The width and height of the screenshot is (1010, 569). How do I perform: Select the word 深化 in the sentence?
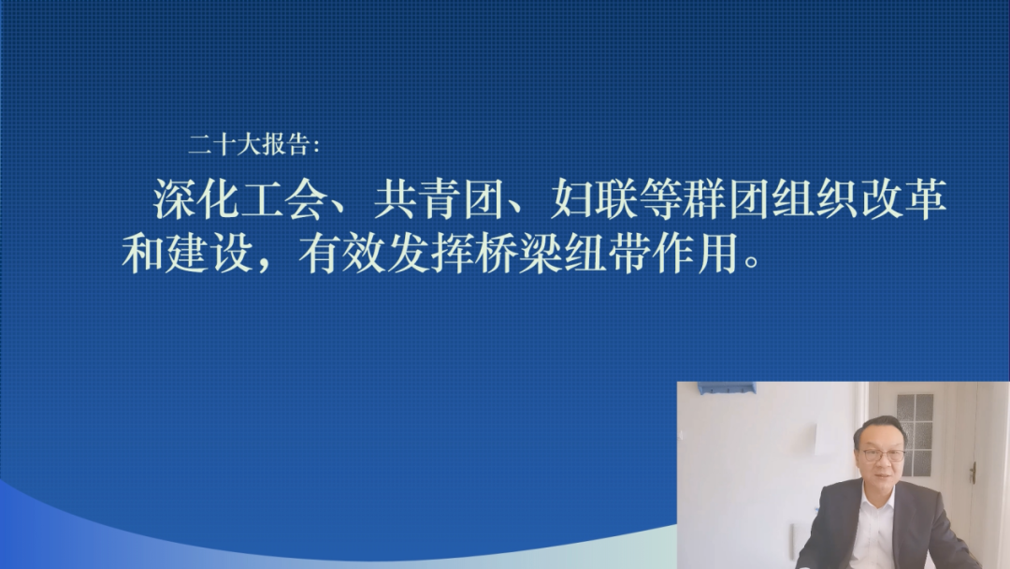click(x=195, y=198)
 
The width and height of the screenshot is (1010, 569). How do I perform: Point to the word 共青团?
click(x=438, y=198)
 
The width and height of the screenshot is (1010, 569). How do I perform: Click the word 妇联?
click(x=594, y=198)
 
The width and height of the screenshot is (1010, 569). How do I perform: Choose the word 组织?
click(x=815, y=198)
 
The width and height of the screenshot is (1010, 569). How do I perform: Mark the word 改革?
click(x=903, y=198)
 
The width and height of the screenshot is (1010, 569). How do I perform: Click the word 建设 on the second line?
click(x=209, y=253)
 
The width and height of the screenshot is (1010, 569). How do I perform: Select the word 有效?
click(x=341, y=253)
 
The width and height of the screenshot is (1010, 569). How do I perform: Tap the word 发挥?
click(x=429, y=253)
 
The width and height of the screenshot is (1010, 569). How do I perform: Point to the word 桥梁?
click(x=518, y=253)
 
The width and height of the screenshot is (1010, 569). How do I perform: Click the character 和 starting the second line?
click(x=142, y=253)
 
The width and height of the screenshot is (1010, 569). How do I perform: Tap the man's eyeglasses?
click(x=883, y=455)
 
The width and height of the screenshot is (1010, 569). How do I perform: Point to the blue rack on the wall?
click(x=726, y=387)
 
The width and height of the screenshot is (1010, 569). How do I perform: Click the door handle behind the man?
click(x=974, y=473)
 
